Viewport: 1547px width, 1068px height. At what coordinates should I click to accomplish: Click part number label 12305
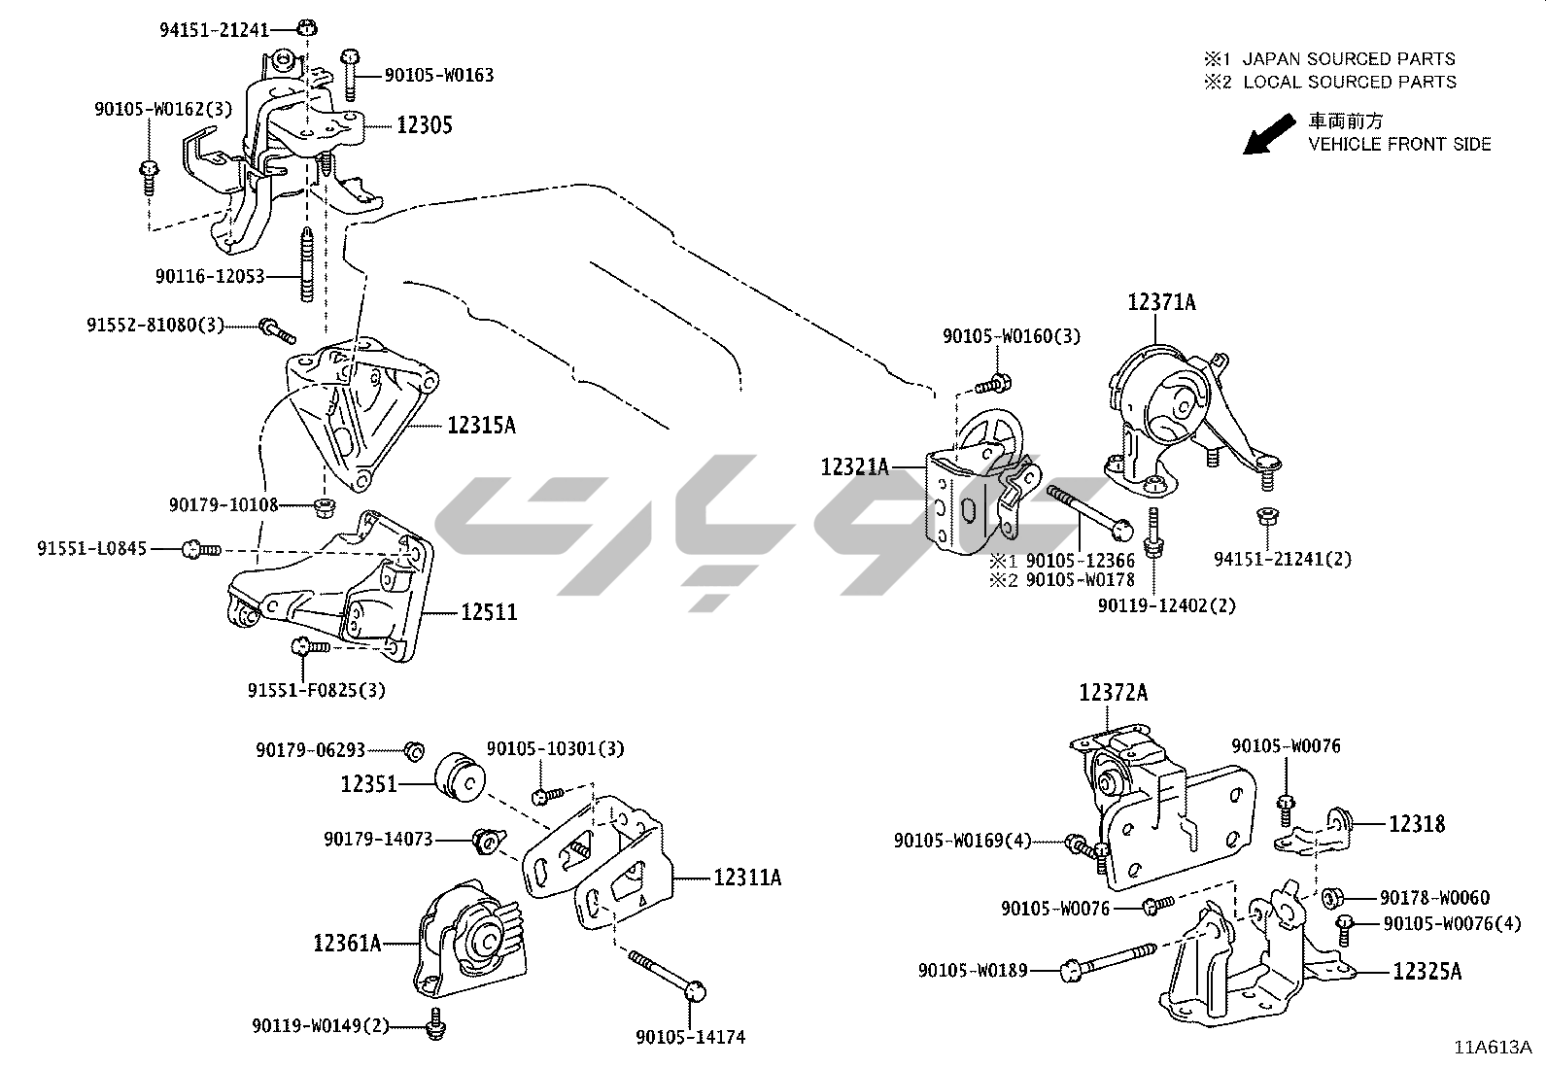(x=424, y=125)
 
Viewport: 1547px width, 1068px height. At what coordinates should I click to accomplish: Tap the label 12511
(x=489, y=612)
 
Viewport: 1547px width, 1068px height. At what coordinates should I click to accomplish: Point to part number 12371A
(x=1161, y=302)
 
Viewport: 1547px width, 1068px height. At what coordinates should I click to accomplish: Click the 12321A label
(x=855, y=467)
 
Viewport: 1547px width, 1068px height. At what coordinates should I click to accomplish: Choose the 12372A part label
(x=1113, y=693)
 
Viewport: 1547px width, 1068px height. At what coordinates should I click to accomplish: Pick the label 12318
(x=1417, y=824)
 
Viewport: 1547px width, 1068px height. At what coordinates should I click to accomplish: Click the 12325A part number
(x=1427, y=971)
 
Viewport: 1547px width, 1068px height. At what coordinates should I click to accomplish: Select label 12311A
(x=747, y=878)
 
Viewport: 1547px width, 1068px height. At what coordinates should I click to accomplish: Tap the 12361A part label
(x=347, y=942)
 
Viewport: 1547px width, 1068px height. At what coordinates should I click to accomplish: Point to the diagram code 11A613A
(x=1493, y=1048)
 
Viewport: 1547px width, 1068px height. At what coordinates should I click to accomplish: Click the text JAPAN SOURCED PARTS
(x=1349, y=59)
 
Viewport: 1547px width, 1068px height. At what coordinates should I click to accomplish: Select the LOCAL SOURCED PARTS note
(x=1350, y=83)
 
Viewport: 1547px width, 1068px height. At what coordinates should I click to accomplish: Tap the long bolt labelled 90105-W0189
(x=1108, y=963)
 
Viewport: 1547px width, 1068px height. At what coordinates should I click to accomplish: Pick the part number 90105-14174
(x=690, y=1037)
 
